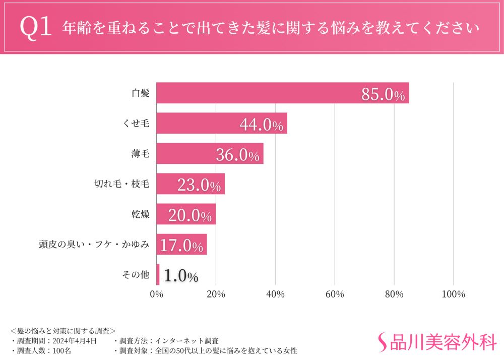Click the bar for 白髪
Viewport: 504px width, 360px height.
282,93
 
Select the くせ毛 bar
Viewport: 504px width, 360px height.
222,123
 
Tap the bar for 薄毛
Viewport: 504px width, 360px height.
210,153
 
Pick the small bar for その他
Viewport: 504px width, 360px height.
158,275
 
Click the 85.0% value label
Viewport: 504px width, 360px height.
383,94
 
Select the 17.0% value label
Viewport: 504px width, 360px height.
181,246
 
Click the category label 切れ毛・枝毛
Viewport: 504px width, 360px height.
122,184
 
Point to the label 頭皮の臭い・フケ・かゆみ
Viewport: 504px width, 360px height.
94,245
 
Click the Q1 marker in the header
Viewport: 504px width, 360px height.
36,28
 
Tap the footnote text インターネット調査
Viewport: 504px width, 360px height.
186,341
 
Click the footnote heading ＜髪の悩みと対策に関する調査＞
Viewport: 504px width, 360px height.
63,331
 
